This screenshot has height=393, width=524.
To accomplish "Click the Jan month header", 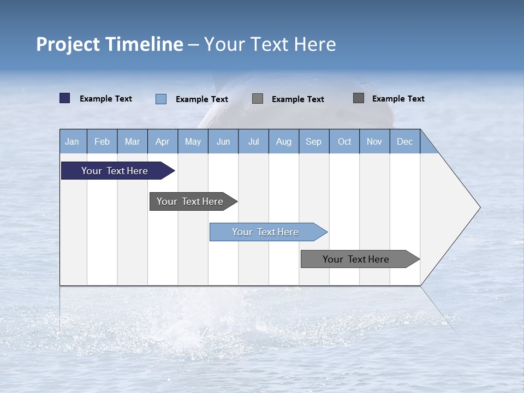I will (x=72, y=142).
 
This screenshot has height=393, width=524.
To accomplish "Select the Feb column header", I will (x=102, y=142).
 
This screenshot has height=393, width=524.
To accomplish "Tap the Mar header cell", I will (x=132, y=142).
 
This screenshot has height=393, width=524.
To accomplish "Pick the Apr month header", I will (x=162, y=142).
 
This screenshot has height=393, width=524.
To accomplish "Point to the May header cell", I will (x=193, y=142).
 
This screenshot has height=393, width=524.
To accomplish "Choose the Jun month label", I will (x=223, y=142).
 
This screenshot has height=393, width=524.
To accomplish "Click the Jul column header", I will (x=253, y=142).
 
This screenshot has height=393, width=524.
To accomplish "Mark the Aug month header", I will (x=284, y=142).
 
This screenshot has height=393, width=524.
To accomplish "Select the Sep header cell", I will (x=314, y=142).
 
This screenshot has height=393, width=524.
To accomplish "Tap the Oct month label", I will (x=344, y=142).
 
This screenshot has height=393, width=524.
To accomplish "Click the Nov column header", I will (x=374, y=142).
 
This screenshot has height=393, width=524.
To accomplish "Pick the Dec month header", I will (x=405, y=142).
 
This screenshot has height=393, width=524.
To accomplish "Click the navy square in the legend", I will (x=65, y=98).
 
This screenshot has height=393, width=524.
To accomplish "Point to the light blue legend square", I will (x=161, y=99).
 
